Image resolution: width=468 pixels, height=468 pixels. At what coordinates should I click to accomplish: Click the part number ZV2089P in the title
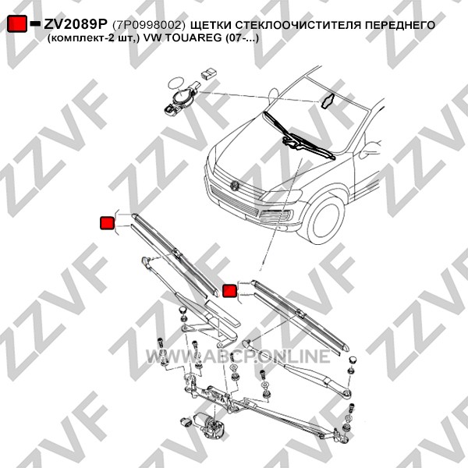coord(75,24)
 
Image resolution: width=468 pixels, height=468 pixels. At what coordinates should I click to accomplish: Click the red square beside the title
coord(17,23)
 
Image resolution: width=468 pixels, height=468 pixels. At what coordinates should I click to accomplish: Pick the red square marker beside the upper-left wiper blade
coord(107,223)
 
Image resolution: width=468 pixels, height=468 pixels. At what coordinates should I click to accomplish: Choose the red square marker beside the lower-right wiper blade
coord(230,290)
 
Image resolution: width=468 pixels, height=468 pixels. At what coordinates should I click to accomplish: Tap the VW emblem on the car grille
coord(235,186)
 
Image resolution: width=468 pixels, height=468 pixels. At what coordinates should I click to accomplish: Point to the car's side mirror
coord(370,150)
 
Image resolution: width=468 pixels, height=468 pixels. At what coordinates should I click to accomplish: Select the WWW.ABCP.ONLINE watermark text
coord(238,356)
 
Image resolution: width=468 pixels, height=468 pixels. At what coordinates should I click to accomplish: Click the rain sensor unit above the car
coord(182,97)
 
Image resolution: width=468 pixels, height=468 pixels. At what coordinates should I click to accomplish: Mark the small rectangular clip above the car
coord(210,73)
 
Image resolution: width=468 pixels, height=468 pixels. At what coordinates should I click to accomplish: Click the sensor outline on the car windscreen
coord(327,101)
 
